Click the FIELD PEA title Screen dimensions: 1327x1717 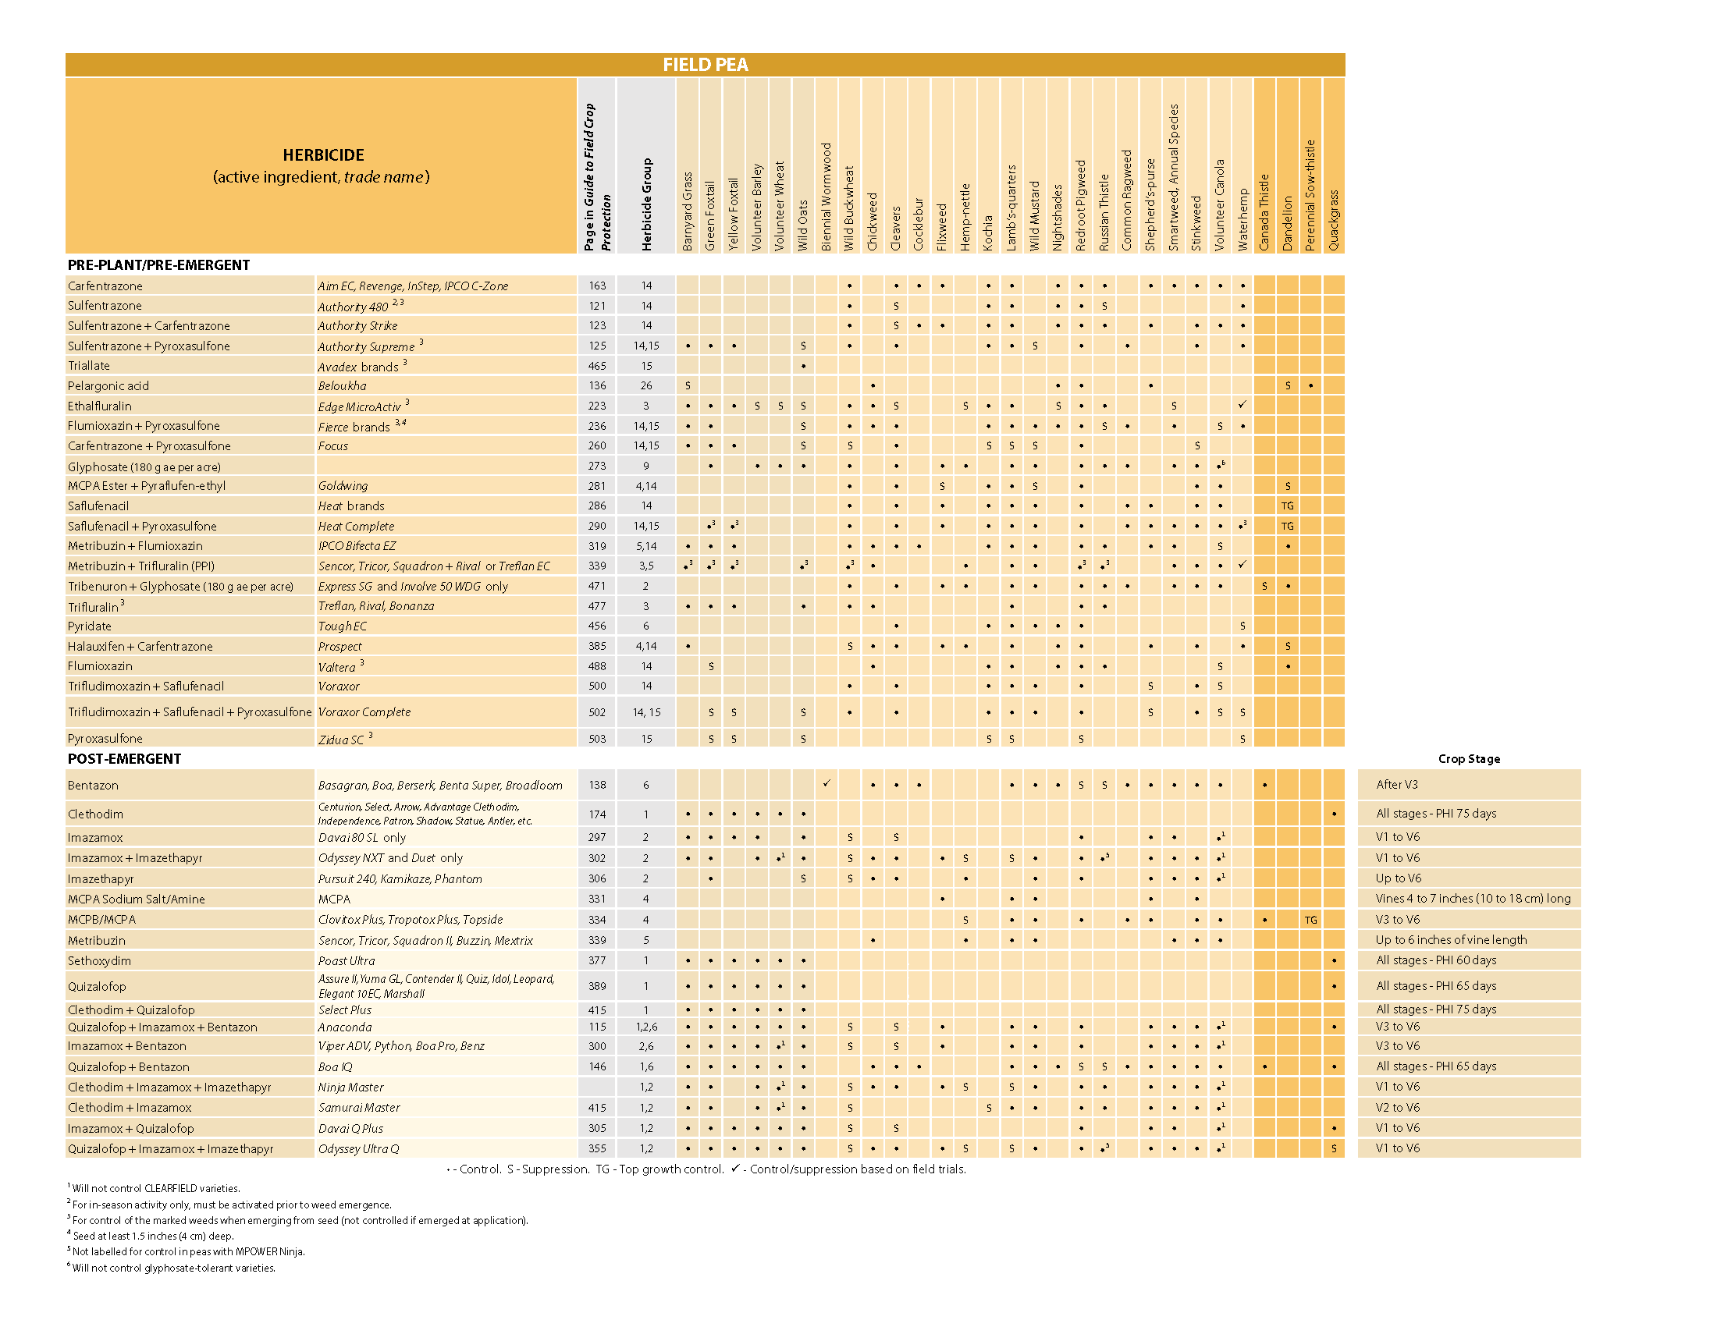coord(705,65)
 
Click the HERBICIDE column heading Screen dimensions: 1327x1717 coord(323,154)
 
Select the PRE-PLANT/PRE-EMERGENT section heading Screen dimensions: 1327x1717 coord(158,264)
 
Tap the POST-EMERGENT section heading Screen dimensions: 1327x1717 coord(124,758)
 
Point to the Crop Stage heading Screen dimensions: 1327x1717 coord(1469,758)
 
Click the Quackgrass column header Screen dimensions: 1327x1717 coord(1333,220)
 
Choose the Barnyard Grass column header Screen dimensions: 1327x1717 coord(687,211)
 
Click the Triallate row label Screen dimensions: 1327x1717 coord(89,365)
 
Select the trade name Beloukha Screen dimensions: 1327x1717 coord(342,385)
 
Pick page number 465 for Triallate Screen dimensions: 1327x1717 coord(597,365)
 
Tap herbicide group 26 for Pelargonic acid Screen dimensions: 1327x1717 coord(645,385)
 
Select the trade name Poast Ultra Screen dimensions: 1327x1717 coord(346,960)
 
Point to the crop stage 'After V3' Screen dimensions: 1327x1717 coord(1396,784)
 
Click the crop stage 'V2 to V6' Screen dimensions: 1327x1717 coord(1397,1107)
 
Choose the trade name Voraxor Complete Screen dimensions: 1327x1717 coord(364,711)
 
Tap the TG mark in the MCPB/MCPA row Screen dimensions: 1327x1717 coord(1310,919)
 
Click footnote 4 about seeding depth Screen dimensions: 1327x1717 coord(152,1236)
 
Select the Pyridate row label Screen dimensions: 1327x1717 coord(90,626)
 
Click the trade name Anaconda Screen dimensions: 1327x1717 coord(344,1027)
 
